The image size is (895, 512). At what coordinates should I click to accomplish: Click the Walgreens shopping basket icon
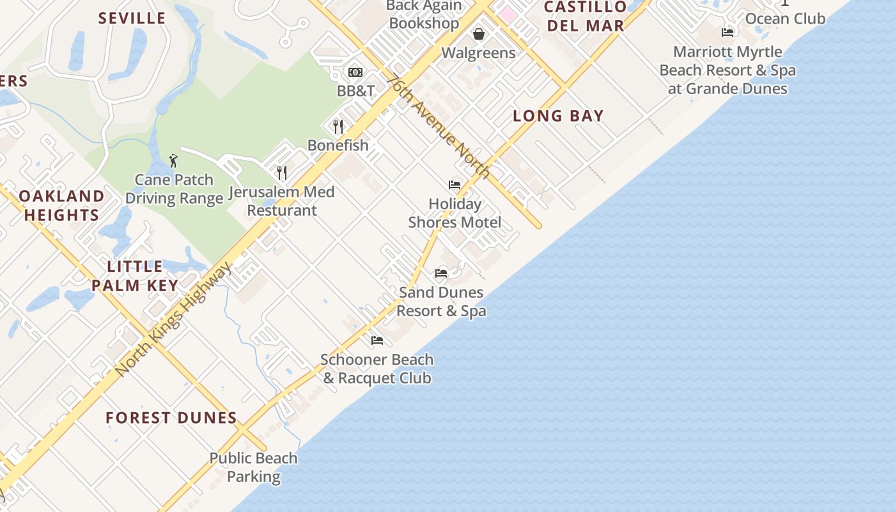[478, 34]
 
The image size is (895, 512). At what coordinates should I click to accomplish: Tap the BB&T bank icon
[355, 72]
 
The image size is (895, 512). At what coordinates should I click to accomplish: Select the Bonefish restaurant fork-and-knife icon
[338, 126]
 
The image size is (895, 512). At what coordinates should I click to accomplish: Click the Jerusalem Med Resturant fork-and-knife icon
[281, 172]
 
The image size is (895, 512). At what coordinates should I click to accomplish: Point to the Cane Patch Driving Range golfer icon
[173, 161]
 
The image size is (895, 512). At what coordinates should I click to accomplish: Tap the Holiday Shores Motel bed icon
[455, 185]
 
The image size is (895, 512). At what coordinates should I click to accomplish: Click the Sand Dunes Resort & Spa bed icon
[441, 273]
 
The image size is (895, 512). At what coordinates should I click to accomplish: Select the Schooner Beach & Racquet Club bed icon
[377, 340]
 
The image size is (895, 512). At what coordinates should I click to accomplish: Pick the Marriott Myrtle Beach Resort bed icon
[728, 33]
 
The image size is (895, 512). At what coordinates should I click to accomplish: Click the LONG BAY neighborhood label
[558, 116]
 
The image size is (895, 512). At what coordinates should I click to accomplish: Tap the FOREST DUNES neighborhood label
[171, 418]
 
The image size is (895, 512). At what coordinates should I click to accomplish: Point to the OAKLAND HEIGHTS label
[61, 205]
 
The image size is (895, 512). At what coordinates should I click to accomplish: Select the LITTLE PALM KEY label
[135, 276]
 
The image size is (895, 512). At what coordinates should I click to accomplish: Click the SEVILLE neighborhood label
[132, 18]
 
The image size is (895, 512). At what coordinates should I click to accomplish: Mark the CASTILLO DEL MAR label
[585, 17]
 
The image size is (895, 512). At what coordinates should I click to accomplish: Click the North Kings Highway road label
[174, 319]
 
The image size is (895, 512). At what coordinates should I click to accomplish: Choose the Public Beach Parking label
[254, 467]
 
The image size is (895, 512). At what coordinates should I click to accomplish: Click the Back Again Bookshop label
[424, 15]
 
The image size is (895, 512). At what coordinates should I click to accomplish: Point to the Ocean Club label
[785, 19]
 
